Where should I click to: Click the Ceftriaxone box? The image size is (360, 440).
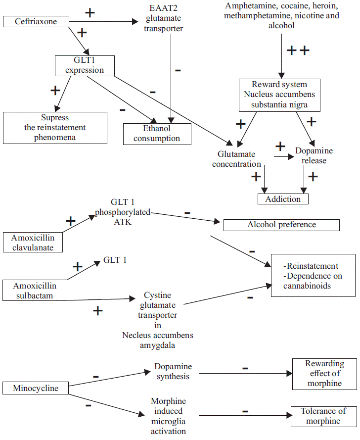click(36, 21)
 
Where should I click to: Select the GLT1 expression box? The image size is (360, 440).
click(85, 65)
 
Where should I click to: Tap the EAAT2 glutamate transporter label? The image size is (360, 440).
click(163, 19)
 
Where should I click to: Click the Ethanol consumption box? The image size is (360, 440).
click(157, 134)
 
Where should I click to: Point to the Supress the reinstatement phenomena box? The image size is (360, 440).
click(55, 128)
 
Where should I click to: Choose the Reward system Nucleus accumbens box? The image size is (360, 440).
click(279, 95)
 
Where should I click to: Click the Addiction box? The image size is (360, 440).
click(283, 199)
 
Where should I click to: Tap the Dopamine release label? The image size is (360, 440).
click(314, 155)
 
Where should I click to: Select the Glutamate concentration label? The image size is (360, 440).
click(236, 159)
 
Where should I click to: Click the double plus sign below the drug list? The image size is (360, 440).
click(298, 50)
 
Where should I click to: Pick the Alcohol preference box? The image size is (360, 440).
click(281, 225)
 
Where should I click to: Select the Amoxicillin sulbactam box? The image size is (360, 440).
click(35, 291)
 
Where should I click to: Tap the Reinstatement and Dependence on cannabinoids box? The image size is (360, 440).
click(313, 276)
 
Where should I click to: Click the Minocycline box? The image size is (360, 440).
click(36, 389)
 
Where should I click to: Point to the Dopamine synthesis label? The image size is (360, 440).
click(173, 371)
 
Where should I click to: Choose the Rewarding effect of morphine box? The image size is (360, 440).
click(324, 374)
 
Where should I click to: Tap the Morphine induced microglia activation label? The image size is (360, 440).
click(168, 416)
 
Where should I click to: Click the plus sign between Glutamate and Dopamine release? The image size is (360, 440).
click(280, 147)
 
